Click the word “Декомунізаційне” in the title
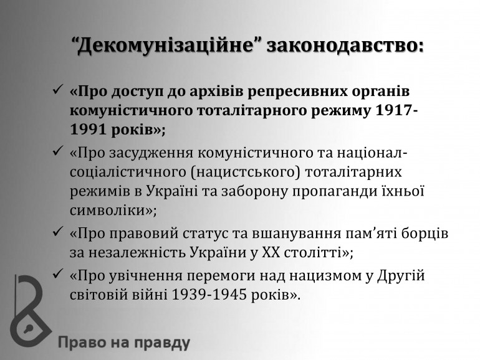click(x=168, y=47)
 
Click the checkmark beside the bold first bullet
click(x=58, y=90)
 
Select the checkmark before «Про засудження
click(x=58, y=151)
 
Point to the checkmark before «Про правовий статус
click(x=58, y=232)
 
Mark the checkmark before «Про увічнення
click(x=58, y=274)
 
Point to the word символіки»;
click(x=113, y=211)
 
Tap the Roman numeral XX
click(x=271, y=253)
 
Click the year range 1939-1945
click(x=209, y=295)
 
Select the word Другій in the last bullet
click(x=401, y=276)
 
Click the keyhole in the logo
click(x=29, y=329)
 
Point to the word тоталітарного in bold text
click(x=252, y=111)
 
